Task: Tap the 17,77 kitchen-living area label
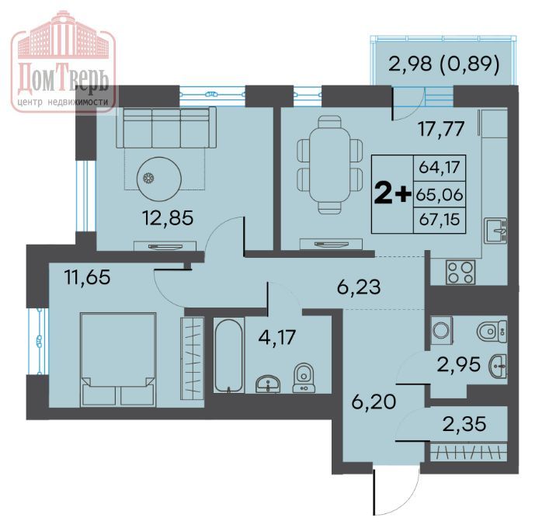(441, 129)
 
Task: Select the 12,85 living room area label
(168, 217)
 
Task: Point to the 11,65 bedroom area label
(88, 277)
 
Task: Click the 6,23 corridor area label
(359, 287)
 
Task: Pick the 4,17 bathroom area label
(277, 337)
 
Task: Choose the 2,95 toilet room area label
(459, 364)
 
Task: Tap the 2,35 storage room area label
(464, 424)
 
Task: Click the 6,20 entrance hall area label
(374, 402)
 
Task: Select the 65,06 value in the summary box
(440, 195)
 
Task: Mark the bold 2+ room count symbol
(393, 194)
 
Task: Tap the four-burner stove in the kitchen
(461, 273)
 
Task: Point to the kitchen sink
(495, 230)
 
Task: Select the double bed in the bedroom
(118, 360)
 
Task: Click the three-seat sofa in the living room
(166, 127)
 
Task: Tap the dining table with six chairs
(330, 165)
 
